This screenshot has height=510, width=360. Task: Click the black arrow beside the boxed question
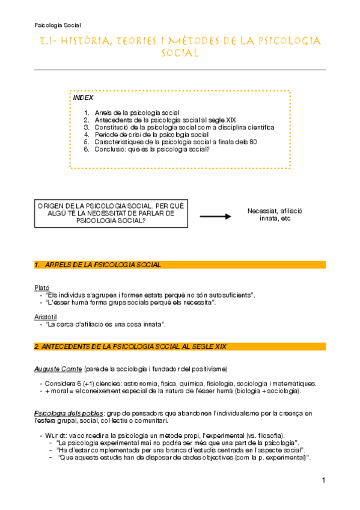(217, 215)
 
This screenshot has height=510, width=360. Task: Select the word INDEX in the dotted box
(83, 97)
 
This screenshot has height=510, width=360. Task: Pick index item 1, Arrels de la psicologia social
(145, 113)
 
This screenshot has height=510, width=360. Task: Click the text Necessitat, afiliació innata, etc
(274, 215)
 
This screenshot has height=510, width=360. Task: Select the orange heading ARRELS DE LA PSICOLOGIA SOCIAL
(103, 265)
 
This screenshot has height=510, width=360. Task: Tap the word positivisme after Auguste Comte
(209, 368)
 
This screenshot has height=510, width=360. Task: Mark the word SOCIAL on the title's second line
(180, 54)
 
